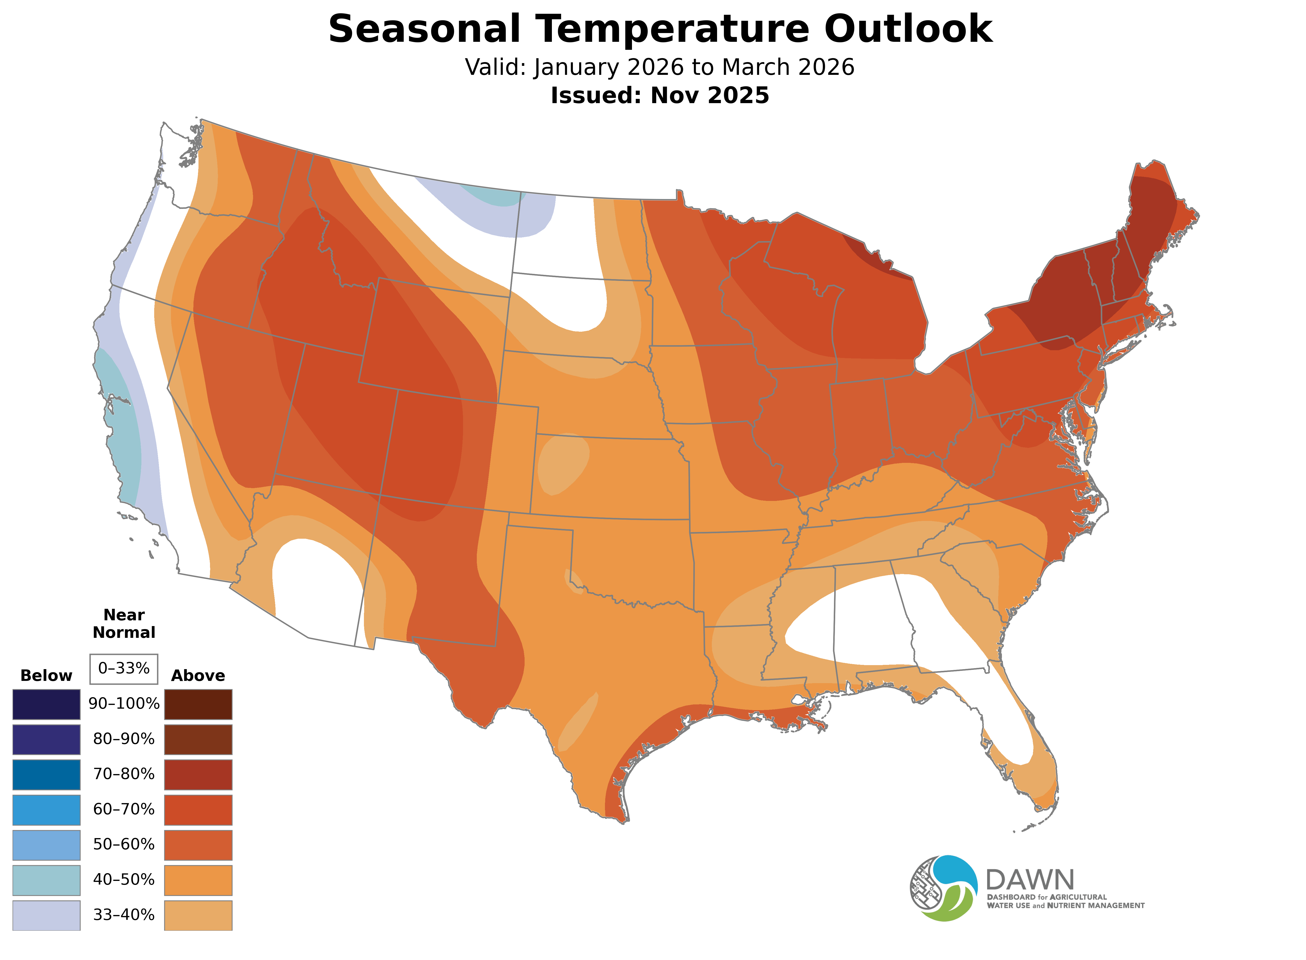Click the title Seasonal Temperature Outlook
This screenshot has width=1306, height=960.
tap(660, 29)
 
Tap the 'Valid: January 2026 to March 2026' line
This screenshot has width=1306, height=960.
tap(660, 67)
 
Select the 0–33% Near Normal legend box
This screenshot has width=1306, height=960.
tap(124, 669)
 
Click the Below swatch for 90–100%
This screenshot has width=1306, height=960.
tap(47, 704)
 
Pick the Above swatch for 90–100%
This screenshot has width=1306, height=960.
tap(198, 704)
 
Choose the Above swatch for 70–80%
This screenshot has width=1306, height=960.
tap(198, 775)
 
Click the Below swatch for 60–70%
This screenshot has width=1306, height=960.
tap(47, 810)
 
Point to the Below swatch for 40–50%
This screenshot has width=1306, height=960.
tap(47, 880)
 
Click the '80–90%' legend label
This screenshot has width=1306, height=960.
tap(124, 739)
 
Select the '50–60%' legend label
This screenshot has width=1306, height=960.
tap(124, 844)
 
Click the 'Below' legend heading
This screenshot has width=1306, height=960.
tap(47, 676)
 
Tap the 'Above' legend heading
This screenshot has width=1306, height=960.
tap(198, 676)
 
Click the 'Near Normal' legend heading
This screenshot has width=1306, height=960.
tap(124, 624)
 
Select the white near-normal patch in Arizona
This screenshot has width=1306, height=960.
tap(314, 587)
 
